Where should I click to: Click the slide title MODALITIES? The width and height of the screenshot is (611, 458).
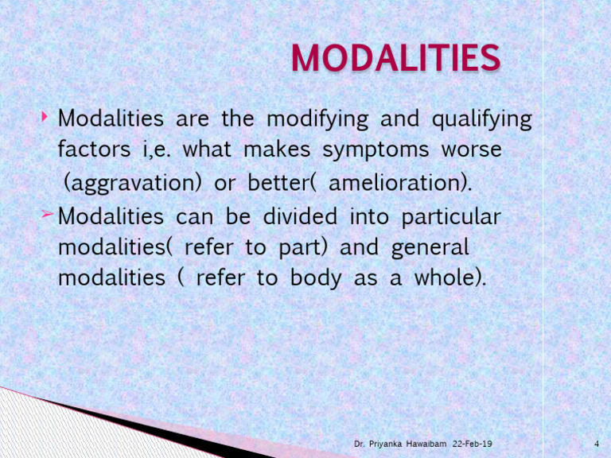395,59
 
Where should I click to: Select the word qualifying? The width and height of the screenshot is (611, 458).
481,121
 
